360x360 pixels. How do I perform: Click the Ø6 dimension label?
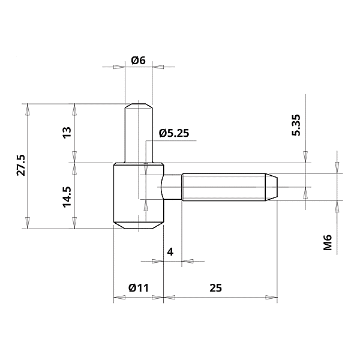click(139, 61)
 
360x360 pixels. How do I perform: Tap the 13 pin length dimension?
click(67, 131)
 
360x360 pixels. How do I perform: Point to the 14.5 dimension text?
click(67, 196)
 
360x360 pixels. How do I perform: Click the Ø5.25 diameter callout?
click(174, 133)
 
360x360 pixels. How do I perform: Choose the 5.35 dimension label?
click(296, 125)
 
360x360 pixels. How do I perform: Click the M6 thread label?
click(328, 243)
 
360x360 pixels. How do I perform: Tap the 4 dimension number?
click(170, 252)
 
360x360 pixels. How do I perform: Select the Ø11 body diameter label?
click(138, 287)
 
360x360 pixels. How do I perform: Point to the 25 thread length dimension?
click(216, 287)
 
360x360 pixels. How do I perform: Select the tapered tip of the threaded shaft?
click(271, 187)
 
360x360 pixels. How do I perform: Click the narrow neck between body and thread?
click(172, 187)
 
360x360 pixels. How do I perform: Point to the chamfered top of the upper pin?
click(139, 106)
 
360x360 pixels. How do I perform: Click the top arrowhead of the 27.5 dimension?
click(28, 108)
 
